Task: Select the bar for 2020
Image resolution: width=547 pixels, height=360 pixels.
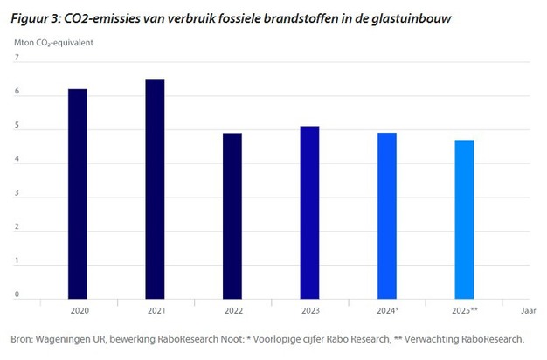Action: (78, 193)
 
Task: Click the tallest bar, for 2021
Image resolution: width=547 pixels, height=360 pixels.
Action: (155, 188)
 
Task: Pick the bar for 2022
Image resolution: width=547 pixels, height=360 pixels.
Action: (232, 215)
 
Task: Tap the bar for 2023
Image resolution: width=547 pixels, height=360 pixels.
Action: (309, 211)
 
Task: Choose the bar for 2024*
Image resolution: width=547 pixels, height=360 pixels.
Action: (387, 215)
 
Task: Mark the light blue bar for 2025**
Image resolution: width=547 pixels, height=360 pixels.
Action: (464, 218)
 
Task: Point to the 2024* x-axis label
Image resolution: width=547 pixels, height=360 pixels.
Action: (387, 310)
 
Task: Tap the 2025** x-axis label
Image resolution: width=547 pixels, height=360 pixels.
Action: (464, 310)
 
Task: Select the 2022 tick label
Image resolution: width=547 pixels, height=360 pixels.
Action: (232, 310)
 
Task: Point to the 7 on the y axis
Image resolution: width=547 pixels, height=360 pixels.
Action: (17, 59)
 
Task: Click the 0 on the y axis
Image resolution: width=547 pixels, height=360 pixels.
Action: (17, 294)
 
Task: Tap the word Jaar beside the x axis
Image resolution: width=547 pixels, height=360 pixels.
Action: (529, 310)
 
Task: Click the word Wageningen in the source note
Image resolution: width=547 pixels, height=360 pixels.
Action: (69, 339)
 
